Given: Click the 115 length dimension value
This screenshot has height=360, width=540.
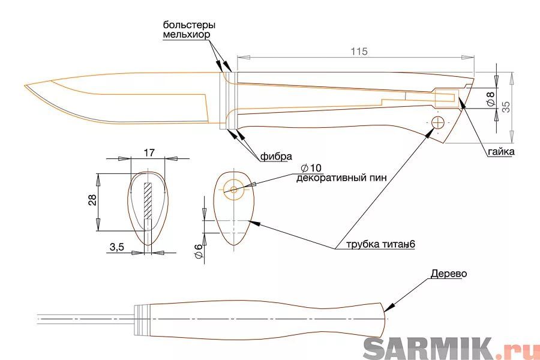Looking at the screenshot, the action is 359,52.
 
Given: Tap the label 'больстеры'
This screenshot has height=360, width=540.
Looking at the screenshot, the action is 190,25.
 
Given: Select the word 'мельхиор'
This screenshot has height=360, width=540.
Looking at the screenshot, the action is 187,35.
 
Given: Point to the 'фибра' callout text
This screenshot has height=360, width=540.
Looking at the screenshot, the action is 276,157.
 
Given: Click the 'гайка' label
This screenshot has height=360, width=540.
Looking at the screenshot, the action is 501,152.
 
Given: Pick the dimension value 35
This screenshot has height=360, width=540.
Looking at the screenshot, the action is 506,107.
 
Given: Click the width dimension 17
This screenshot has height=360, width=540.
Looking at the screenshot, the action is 149,152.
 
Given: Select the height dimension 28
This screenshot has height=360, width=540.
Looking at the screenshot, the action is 92,200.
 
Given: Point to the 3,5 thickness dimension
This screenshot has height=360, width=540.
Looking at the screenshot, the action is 117,247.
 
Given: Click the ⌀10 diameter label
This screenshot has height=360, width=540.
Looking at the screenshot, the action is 311,168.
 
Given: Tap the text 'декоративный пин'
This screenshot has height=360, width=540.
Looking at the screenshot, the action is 341,178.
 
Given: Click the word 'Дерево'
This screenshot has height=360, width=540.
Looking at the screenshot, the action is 449,274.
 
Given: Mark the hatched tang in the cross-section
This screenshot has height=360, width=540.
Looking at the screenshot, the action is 148,201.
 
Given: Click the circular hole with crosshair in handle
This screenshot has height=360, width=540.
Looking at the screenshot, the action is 438,122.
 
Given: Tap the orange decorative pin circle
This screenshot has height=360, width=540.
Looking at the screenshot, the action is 234,190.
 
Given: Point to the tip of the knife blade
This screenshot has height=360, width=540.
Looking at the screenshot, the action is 25,85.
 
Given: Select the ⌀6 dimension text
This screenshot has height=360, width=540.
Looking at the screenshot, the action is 198,251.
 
